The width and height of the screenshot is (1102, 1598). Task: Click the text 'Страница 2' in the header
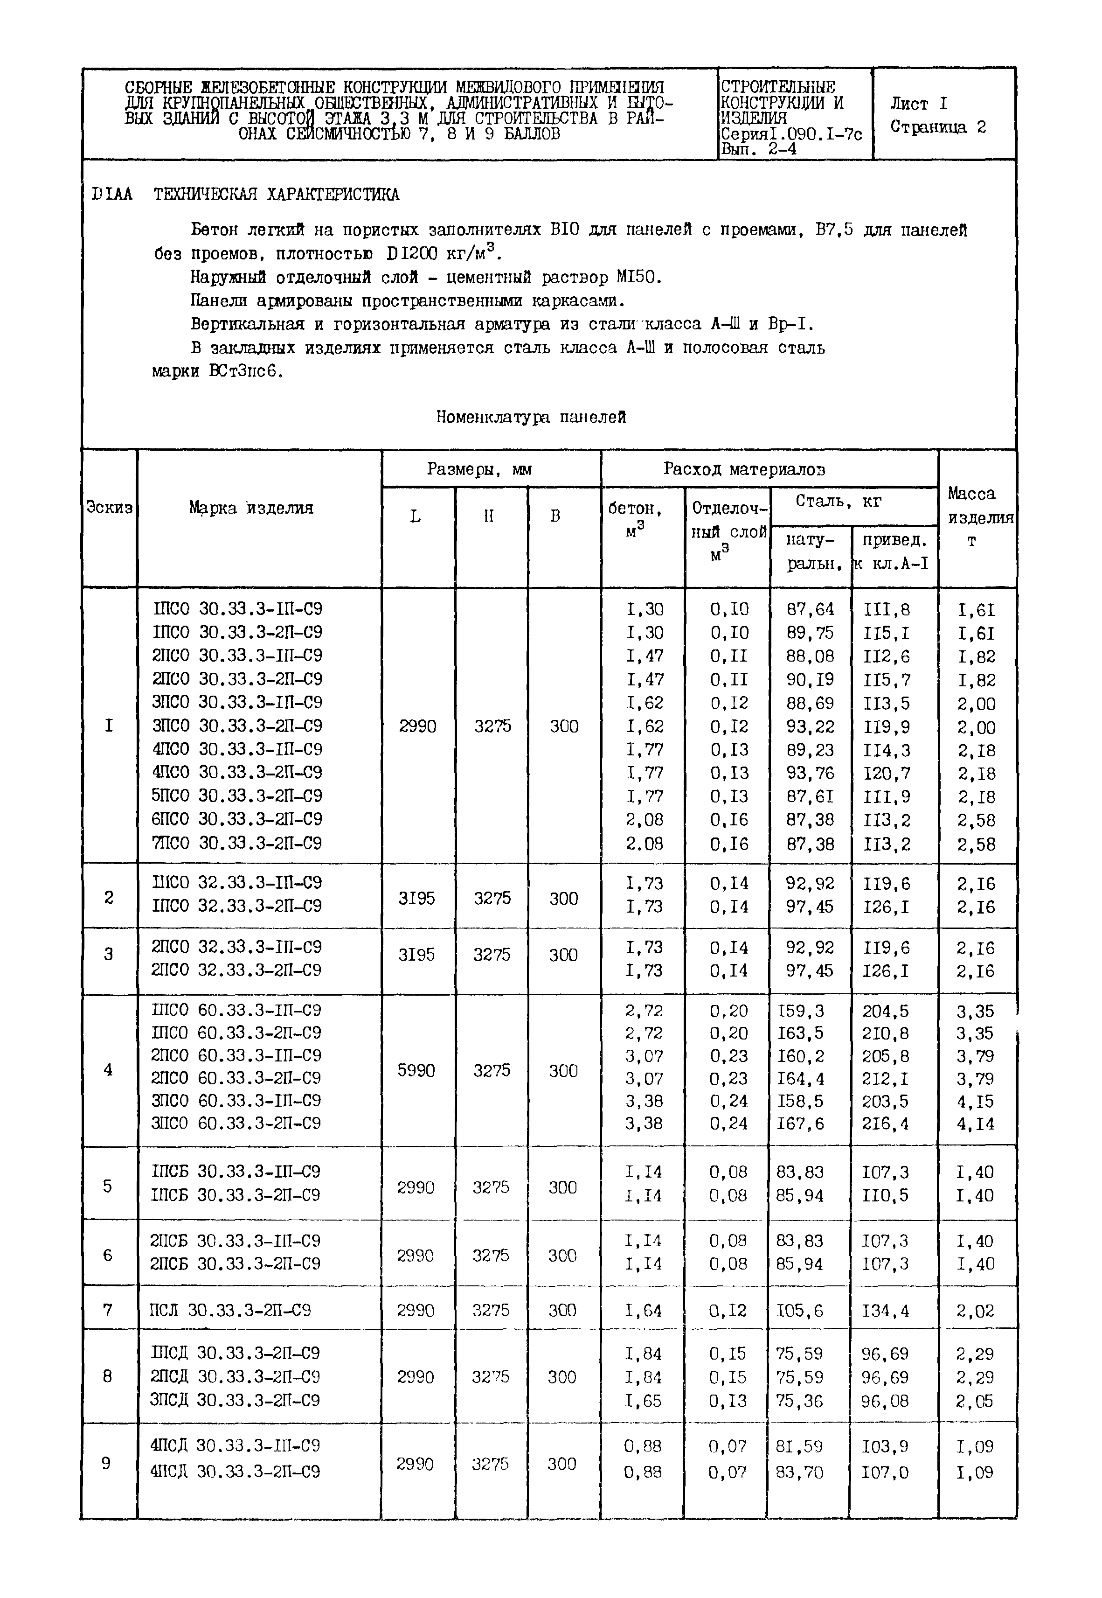[x=938, y=127]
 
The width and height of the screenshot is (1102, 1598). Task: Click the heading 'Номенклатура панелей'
[x=531, y=417]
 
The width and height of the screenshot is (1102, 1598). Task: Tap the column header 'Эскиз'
[x=109, y=508]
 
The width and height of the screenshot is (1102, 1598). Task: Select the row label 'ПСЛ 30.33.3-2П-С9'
[x=230, y=1310]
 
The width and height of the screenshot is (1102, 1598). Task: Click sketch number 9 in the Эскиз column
[x=106, y=1463]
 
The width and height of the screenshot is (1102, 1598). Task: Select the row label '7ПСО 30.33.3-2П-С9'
[x=236, y=843]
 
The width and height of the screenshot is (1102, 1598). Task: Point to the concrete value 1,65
[x=643, y=1401]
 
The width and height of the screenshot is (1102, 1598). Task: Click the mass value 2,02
[x=975, y=1311]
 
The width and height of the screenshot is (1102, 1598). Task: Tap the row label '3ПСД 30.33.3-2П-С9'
[x=235, y=1401]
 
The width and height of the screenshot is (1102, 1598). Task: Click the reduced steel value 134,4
[x=886, y=1311]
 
